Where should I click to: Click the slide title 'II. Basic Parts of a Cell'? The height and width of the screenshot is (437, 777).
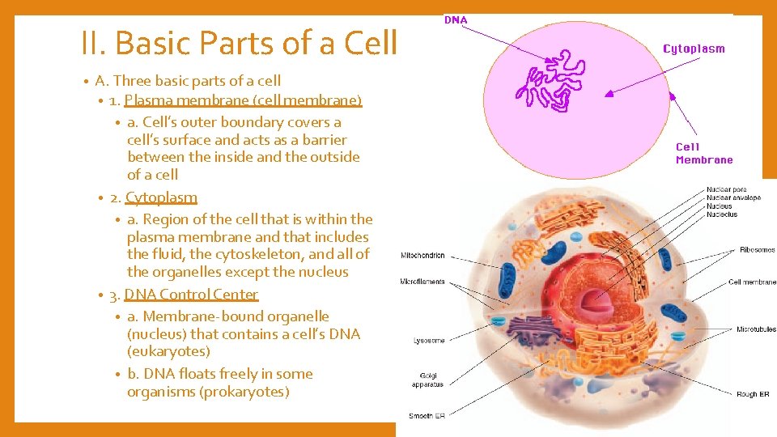pyautogui.click(x=240, y=43)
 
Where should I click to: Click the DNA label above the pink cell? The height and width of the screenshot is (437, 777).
pyautogui.click(x=456, y=20)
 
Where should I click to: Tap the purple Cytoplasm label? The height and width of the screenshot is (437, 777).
pyautogui.click(x=694, y=49)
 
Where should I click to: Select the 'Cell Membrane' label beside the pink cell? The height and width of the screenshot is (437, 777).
pyautogui.click(x=703, y=153)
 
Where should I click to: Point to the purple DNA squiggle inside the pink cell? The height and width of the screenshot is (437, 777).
pyautogui.click(x=550, y=79)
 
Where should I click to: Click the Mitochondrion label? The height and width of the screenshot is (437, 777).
pyautogui.click(x=422, y=256)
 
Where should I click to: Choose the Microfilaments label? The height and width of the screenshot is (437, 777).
pyautogui.click(x=422, y=282)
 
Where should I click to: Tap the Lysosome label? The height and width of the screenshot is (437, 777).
pyautogui.click(x=429, y=341)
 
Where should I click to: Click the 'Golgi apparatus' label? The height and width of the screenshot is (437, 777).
pyautogui.click(x=428, y=380)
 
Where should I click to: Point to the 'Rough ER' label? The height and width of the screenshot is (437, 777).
pyautogui.click(x=752, y=394)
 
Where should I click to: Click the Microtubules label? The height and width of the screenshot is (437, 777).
pyautogui.click(x=756, y=329)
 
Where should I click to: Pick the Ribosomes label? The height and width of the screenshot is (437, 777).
pyautogui.click(x=757, y=250)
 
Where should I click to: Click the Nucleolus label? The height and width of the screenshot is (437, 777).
pyautogui.click(x=722, y=214)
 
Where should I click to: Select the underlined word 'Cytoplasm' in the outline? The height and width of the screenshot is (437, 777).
pyautogui.click(x=161, y=197)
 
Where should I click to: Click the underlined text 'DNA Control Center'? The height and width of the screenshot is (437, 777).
pyautogui.click(x=191, y=295)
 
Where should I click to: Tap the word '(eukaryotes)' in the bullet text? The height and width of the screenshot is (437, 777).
pyautogui.click(x=168, y=351)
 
